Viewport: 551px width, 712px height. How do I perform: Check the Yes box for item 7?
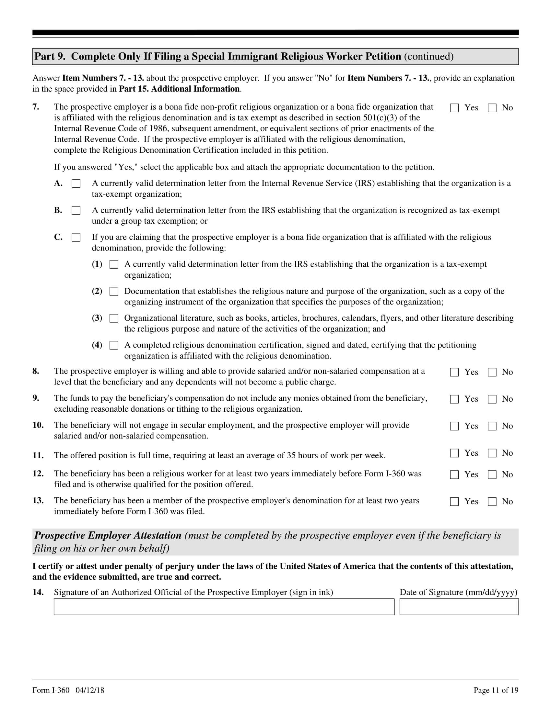[454, 108]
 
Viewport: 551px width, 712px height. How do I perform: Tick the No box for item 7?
[492, 108]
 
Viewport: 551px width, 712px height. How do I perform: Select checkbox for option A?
[76, 184]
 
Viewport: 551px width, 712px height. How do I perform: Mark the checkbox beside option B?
[76, 211]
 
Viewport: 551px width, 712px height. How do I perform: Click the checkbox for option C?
[76, 237]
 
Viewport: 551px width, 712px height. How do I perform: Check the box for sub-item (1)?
[114, 264]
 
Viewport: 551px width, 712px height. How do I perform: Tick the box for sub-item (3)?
[114, 318]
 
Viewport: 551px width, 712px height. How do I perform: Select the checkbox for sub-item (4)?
[114, 345]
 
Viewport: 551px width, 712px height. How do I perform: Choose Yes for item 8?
[454, 372]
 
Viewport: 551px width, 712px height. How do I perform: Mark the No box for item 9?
[492, 399]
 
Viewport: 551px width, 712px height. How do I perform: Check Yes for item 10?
[454, 426]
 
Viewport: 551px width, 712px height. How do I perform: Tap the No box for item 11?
[492, 453]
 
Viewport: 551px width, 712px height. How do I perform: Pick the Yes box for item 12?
[454, 475]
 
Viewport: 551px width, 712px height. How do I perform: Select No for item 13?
[492, 502]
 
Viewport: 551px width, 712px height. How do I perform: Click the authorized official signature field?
[224, 607]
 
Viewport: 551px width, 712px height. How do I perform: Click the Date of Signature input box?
[459, 607]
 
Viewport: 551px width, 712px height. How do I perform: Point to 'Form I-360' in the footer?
[51, 690]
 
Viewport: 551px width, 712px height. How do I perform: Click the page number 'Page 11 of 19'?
[496, 690]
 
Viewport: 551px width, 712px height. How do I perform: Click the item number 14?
[38, 592]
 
